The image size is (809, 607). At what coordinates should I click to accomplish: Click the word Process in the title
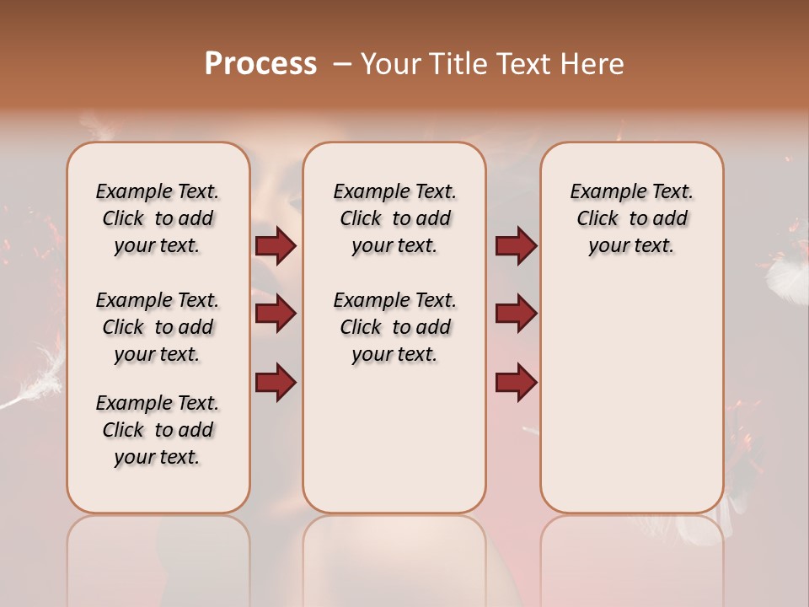point(260,64)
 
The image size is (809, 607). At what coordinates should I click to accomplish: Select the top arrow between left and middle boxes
point(276,246)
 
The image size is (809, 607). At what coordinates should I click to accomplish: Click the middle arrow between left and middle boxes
point(276,314)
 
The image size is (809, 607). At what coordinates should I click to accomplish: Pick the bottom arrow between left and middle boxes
point(276,382)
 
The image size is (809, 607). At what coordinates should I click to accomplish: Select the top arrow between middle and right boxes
point(516,246)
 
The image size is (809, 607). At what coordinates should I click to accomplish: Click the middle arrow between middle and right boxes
point(516,314)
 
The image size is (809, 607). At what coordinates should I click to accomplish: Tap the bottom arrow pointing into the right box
point(516,382)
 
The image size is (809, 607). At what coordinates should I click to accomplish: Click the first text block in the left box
point(158,218)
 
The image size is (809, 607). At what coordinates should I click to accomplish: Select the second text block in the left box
point(158,327)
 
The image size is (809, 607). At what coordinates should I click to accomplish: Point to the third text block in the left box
point(158,430)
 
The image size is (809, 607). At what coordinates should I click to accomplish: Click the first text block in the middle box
point(394,218)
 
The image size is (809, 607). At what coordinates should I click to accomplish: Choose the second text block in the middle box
point(394,327)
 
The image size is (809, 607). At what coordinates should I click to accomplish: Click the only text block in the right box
point(631,218)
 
